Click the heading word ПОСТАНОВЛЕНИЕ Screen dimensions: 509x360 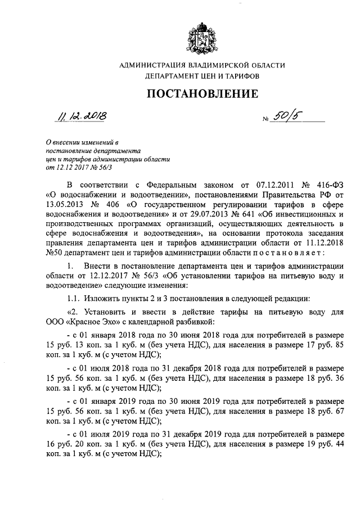pyautogui.click(x=202, y=93)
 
